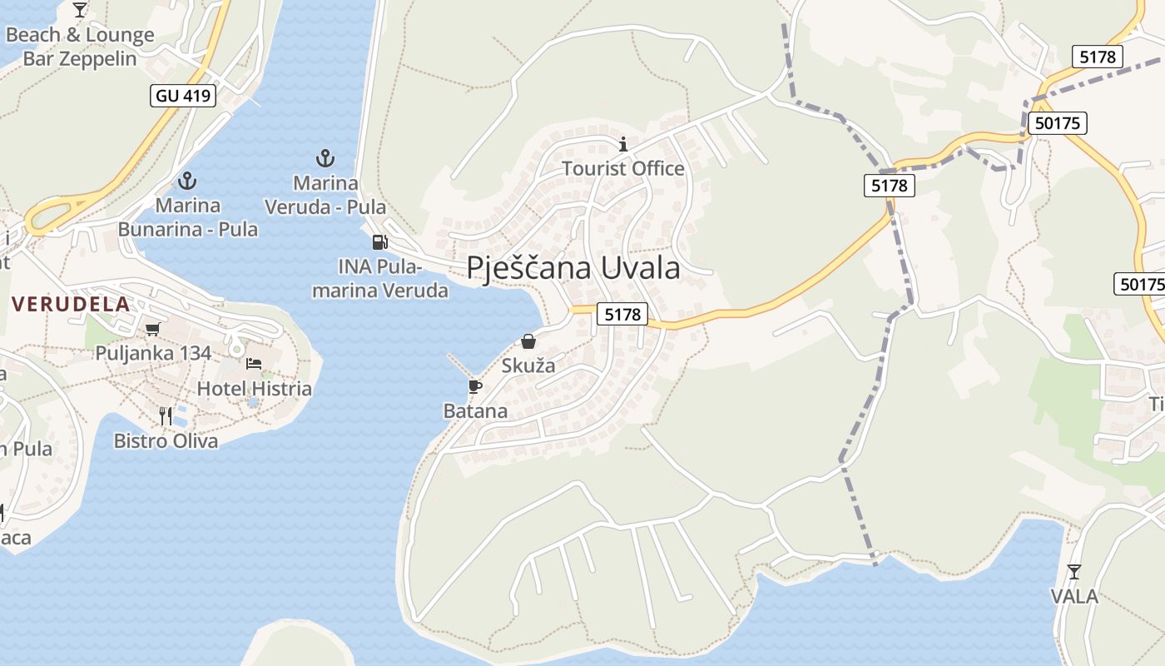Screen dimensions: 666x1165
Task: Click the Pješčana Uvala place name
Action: tap(573, 268)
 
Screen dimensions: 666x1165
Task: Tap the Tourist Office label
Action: tap(622, 169)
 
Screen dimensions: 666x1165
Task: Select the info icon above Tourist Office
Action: tap(623, 144)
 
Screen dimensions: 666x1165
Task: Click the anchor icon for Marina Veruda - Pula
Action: tap(325, 157)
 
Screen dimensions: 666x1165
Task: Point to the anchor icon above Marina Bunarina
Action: tap(187, 180)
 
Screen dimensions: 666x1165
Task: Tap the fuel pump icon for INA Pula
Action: tap(379, 242)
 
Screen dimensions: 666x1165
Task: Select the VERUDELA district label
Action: tap(71, 304)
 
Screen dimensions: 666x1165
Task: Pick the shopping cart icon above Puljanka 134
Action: tap(152, 329)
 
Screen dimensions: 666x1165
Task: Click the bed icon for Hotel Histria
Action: tap(254, 363)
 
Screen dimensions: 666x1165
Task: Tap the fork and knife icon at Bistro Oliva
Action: tap(166, 415)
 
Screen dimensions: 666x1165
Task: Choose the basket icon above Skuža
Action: tap(528, 341)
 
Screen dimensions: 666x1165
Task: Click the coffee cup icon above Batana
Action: tap(474, 386)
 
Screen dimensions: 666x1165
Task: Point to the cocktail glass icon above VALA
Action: tap(1074, 571)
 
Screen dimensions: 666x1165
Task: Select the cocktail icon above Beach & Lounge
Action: tap(80, 10)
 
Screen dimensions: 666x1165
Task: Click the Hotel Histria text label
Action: tap(254, 389)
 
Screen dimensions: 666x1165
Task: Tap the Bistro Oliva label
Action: tap(166, 440)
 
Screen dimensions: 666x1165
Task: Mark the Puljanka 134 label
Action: tap(153, 353)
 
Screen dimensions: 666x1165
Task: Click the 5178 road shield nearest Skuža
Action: tap(622, 314)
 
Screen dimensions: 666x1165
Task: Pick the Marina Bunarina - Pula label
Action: tap(188, 216)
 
